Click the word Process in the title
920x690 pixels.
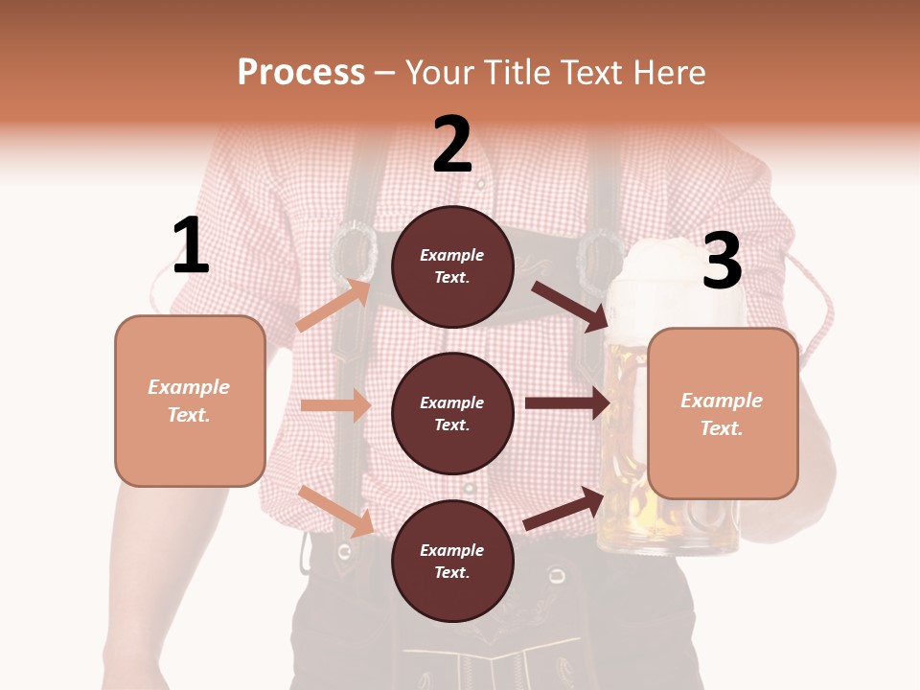[301, 73]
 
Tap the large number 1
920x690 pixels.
[191, 246]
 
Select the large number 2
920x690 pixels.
[452, 145]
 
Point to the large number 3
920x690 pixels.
[722, 261]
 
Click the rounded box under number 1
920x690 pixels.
[190, 401]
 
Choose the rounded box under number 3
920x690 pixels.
[723, 414]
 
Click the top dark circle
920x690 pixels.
[452, 266]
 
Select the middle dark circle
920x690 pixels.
[452, 413]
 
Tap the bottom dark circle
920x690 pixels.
[452, 561]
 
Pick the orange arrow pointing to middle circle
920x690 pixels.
[335, 405]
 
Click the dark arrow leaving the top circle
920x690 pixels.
[570, 306]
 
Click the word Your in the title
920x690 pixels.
[440, 73]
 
